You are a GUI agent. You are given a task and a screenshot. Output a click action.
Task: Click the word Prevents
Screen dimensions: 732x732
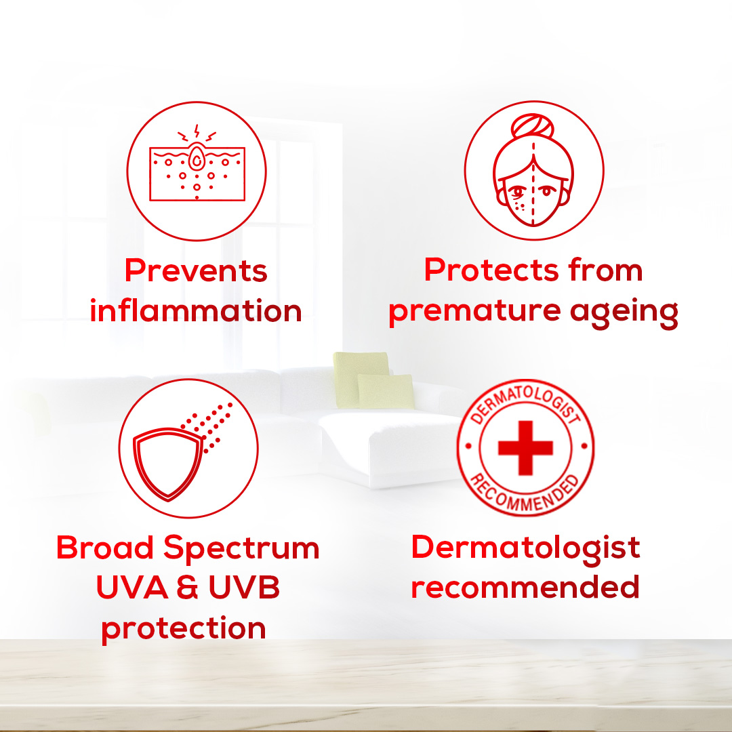tap(196, 270)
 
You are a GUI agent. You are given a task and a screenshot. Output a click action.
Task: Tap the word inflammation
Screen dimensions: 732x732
tap(196, 310)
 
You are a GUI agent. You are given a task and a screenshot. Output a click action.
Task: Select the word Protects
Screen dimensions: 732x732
tap(491, 270)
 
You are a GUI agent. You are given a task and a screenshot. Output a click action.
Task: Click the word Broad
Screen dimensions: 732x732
tap(104, 547)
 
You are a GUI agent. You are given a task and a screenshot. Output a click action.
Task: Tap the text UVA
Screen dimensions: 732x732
tap(131, 587)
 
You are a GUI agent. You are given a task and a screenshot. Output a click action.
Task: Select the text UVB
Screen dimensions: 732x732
tap(244, 587)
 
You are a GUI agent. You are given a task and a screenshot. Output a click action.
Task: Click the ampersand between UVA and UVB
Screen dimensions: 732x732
tap(188, 587)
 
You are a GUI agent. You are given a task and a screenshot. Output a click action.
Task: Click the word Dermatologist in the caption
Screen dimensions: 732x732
tap(525, 548)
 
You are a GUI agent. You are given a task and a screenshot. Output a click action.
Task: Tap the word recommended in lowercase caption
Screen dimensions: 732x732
tap(525, 587)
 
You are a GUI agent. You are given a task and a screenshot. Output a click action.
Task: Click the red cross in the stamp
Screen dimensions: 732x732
tap(526, 448)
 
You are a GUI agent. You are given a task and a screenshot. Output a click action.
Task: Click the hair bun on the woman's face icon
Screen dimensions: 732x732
tap(533, 126)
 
